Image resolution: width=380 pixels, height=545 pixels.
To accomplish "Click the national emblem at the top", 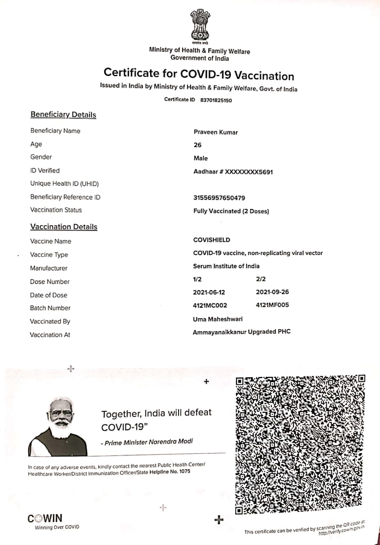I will coord(200,26).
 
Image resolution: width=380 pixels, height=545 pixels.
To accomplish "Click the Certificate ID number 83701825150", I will coord(216,100).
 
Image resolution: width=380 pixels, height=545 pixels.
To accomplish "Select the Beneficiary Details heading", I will coord(63,115).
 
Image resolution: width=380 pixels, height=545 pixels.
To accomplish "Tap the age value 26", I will coord(198,145).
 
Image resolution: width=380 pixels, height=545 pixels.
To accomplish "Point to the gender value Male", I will coord(201,158).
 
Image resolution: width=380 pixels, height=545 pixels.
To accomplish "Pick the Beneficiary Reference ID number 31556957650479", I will coord(219,198).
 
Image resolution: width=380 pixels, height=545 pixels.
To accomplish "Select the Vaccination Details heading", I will coord(64,227).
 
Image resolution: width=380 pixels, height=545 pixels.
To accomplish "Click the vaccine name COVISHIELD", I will coord(212,240).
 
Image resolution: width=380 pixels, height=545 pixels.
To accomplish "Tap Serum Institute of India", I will coord(226,266).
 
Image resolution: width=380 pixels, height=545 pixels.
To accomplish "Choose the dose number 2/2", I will coord(261,279).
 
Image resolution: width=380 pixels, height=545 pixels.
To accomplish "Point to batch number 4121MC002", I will coord(210,305).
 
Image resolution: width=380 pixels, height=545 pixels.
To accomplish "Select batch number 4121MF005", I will coord(272,305).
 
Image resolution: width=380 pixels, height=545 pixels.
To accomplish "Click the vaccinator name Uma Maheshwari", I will coord(218,318).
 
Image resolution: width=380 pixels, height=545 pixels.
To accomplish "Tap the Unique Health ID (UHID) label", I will coord(64,184).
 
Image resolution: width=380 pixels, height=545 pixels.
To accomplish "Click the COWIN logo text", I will coord(45,519).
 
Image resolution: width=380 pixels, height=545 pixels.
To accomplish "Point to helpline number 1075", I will coord(185,472).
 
